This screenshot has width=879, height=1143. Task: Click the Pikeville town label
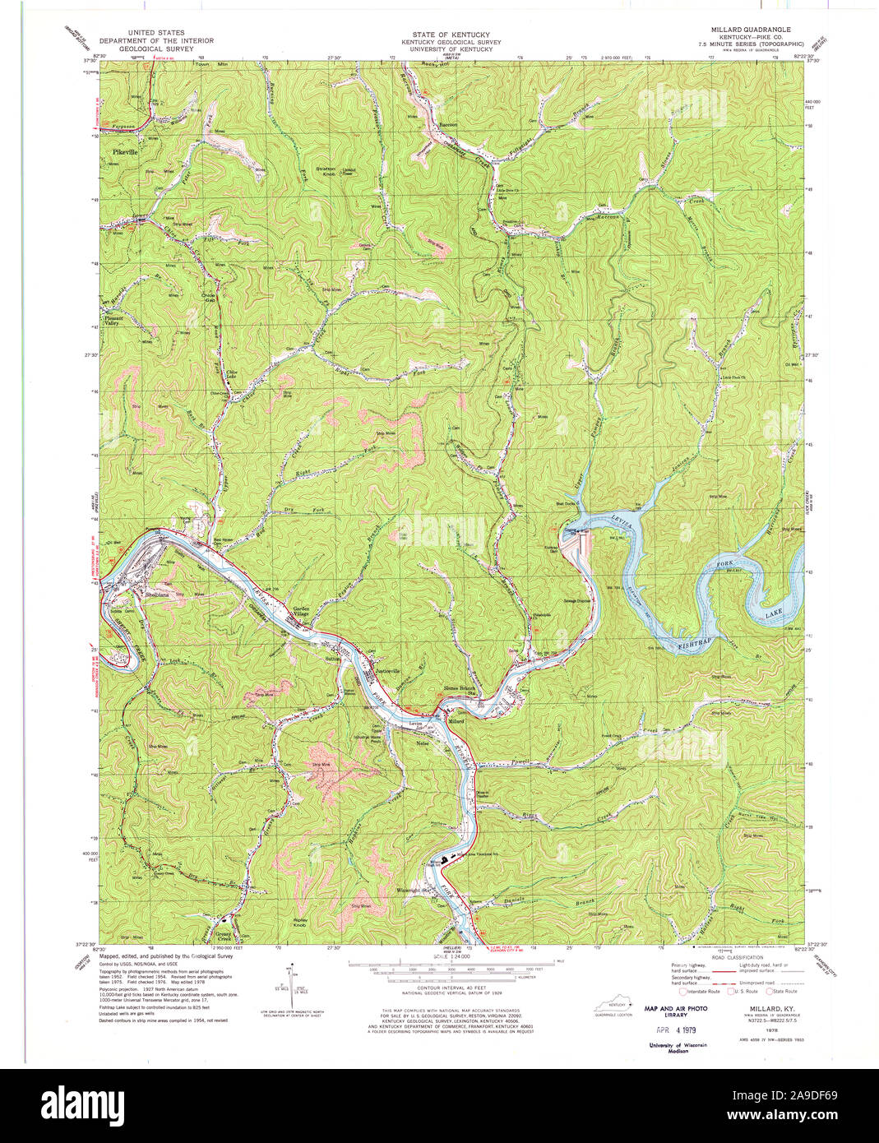[127, 153]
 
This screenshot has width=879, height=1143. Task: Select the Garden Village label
[301, 612]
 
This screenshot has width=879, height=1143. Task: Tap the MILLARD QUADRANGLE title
[745, 28]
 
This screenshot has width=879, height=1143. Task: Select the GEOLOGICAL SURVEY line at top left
[156, 49]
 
